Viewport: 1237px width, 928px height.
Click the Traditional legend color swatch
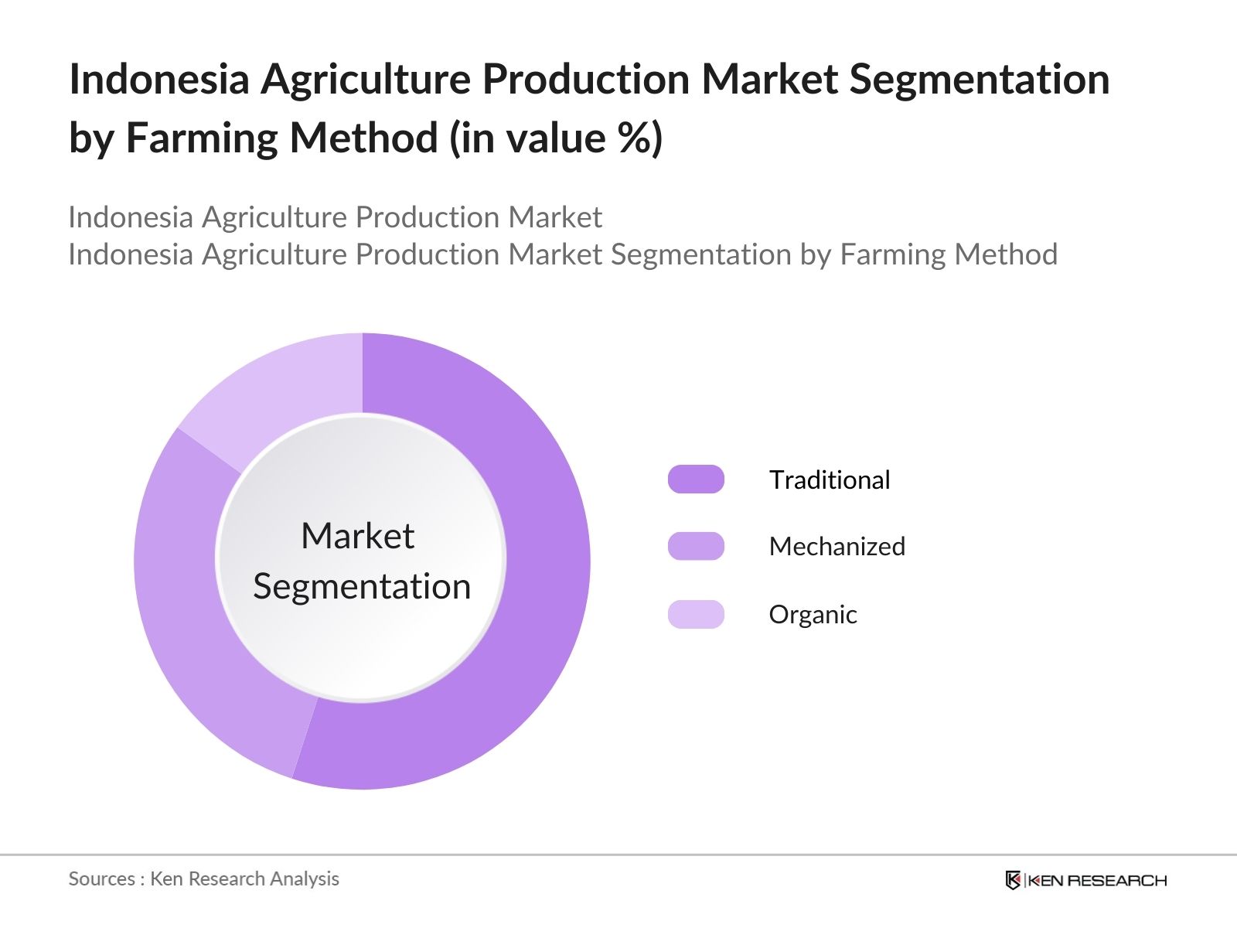(696, 479)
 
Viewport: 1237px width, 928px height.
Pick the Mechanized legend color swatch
(696, 546)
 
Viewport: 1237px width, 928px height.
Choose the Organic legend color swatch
(696, 614)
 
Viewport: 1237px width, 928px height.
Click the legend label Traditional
(830, 479)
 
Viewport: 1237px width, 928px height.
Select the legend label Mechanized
(837, 546)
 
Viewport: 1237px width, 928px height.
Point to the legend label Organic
(813, 614)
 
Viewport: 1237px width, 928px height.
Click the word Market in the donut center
(357, 536)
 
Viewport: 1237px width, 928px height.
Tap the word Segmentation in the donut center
(362, 586)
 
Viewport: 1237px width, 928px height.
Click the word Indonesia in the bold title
(159, 79)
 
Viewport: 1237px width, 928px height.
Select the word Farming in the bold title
(204, 138)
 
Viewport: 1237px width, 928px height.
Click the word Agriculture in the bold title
(366, 79)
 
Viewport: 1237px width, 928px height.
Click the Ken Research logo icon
(1013, 880)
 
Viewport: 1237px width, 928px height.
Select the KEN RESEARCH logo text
(1096, 880)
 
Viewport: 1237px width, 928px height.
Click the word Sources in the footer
(101, 879)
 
